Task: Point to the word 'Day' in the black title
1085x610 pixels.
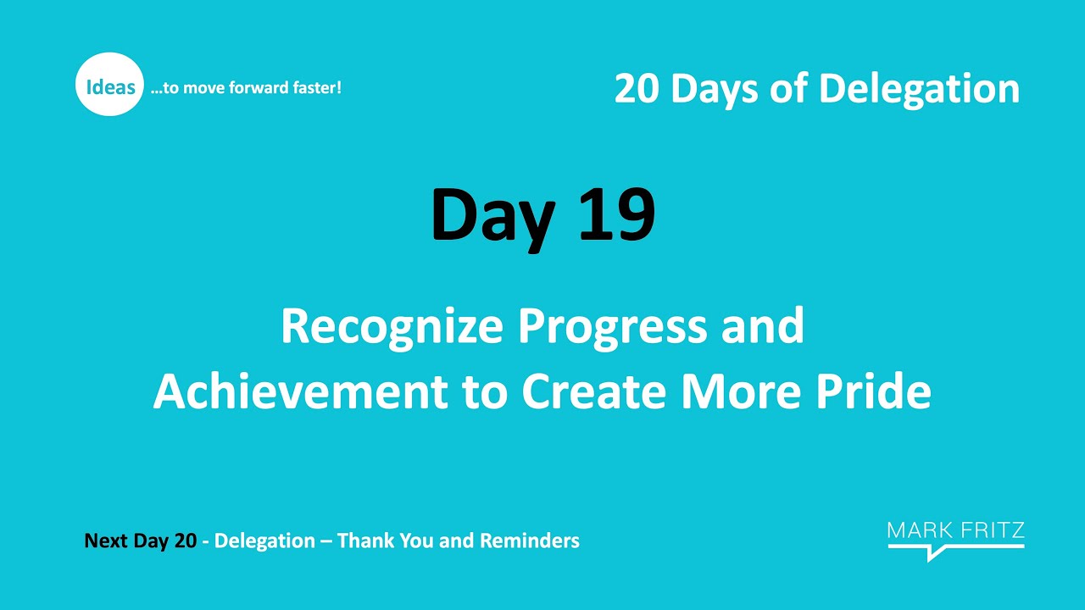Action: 492,216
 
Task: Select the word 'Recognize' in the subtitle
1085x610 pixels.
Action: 392,326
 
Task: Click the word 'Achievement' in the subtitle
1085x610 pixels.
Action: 300,392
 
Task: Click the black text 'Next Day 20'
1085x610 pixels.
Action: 141,541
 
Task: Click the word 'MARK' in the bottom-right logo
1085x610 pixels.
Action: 919,532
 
